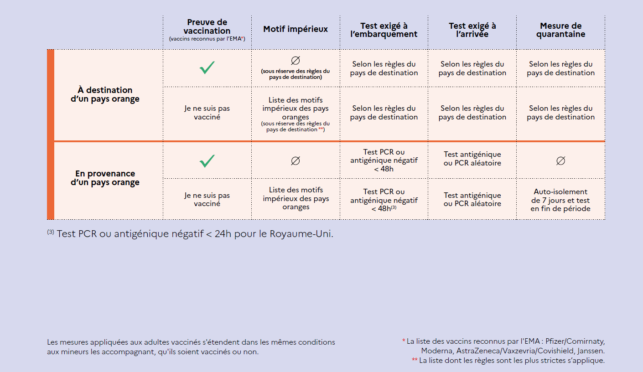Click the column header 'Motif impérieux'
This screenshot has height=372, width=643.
click(x=296, y=29)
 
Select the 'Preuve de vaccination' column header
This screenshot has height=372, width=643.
click(x=207, y=26)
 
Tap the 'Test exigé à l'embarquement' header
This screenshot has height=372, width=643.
click(x=384, y=30)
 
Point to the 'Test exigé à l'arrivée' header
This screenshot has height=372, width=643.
click(x=472, y=30)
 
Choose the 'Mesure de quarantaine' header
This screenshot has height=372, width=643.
click(x=560, y=30)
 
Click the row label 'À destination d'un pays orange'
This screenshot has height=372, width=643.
click(x=105, y=94)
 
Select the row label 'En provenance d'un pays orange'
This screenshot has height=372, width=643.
click(x=105, y=178)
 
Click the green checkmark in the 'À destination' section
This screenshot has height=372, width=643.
click(x=207, y=68)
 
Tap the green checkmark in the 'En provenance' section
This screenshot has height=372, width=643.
click(x=207, y=160)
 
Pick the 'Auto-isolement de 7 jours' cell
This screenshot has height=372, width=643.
click(x=560, y=200)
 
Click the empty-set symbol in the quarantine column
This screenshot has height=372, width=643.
click(x=560, y=160)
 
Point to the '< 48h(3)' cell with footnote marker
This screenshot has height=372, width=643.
click(x=384, y=208)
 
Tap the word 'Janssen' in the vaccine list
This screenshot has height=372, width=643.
click(x=591, y=351)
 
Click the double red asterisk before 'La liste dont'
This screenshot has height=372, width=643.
click(x=415, y=360)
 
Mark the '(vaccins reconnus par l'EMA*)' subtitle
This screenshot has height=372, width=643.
click(x=207, y=40)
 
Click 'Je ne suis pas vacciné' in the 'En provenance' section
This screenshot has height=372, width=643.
click(x=207, y=199)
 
